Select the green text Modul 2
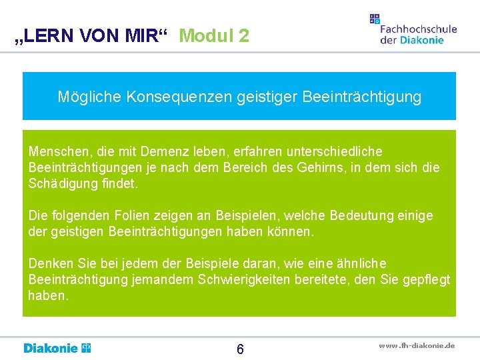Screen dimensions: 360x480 click(x=214, y=36)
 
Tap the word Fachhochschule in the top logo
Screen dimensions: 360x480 click(x=418, y=29)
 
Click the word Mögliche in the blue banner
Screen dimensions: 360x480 click(x=85, y=97)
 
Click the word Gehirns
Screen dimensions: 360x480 click(x=313, y=168)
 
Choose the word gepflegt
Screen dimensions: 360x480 click(x=425, y=279)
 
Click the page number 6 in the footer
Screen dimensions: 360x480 click(x=240, y=349)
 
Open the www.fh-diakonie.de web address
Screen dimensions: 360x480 click(x=417, y=345)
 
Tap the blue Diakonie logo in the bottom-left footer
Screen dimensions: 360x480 click(x=57, y=348)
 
